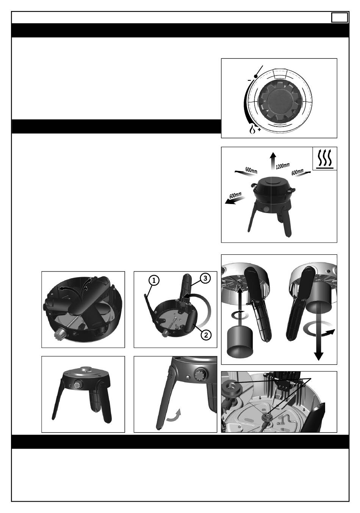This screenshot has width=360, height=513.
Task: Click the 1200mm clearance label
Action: (x=282, y=166)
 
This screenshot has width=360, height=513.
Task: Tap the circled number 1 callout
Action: (x=154, y=280)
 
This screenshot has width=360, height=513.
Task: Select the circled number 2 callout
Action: (x=206, y=335)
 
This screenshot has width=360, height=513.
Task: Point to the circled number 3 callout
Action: (x=205, y=278)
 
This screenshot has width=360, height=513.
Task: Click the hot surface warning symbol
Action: (x=324, y=159)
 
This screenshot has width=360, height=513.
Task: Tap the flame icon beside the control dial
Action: (x=252, y=129)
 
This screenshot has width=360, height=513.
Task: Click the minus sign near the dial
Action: (x=249, y=80)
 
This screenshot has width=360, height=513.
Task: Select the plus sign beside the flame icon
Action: (x=259, y=130)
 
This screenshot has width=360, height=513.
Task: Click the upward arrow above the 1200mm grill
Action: (x=272, y=161)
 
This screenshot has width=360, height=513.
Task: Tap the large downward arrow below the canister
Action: (x=319, y=341)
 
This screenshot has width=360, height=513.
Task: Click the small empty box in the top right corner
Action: (x=340, y=18)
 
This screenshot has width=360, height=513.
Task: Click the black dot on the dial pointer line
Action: (x=256, y=76)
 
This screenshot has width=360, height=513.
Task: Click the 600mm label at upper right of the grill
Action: (x=297, y=172)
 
